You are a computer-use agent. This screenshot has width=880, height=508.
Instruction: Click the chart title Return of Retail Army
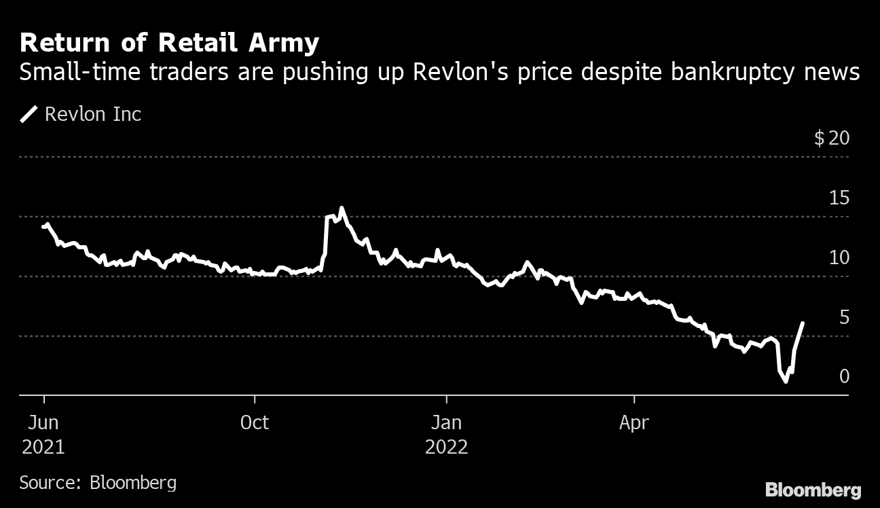pyautogui.click(x=169, y=43)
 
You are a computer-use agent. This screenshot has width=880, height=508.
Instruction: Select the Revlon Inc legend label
pyautogui.click(x=93, y=114)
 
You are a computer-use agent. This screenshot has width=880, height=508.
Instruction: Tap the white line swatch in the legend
pyautogui.click(x=29, y=114)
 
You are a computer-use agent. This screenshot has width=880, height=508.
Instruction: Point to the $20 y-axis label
pyautogui.click(x=832, y=139)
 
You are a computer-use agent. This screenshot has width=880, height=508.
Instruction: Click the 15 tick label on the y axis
pyautogui.click(x=839, y=198)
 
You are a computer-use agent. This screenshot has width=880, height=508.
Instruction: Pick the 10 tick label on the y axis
pyautogui.click(x=839, y=257)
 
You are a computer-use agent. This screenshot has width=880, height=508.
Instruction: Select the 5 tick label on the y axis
pyautogui.click(x=844, y=317)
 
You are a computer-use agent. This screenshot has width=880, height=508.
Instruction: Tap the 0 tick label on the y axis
pyautogui.click(x=844, y=376)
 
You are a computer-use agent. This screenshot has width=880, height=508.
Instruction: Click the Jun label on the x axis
pyautogui.click(x=43, y=422)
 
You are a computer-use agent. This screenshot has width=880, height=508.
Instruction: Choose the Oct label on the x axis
pyautogui.click(x=255, y=422)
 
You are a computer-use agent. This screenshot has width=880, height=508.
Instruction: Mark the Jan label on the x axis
pyautogui.click(x=446, y=422)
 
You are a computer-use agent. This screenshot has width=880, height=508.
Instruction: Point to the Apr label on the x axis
pyautogui.click(x=634, y=422)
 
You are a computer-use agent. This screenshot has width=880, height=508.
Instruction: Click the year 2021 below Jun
pyautogui.click(x=43, y=447)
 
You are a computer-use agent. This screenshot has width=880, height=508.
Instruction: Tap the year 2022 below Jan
pyautogui.click(x=446, y=447)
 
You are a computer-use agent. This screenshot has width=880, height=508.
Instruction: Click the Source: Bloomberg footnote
pyautogui.click(x=98, y=483)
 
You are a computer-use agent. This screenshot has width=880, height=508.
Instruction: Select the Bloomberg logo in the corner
pyautogui.click(x=813, y=490)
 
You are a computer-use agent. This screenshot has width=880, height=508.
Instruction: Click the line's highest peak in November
pyautogui.click(x=341, y=208)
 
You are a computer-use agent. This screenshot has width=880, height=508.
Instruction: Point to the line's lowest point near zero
pyautogui.click(x=786, y=382)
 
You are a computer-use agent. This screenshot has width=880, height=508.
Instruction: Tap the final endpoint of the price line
pyautogui.click(x=803, y=323)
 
